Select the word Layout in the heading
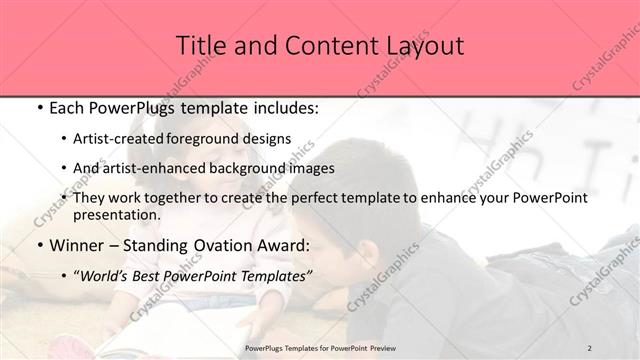(x=424, y=46)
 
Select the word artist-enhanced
(x=152, y=168)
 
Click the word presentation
(x=114, y=214)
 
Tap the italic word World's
(x=104, y=275)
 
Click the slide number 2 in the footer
(x=590, y=347)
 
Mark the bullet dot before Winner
(x=38, y=245)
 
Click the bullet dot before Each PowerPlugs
(x=38, y=106)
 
